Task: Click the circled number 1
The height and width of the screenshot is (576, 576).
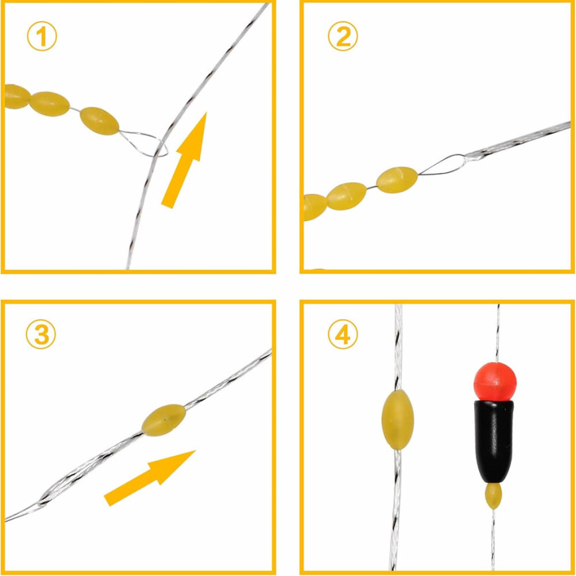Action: point(42,36)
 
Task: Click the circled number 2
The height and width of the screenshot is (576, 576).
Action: point(343,36)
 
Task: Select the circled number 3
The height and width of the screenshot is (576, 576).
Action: point(41,334)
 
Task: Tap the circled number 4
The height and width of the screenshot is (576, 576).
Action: point(343,334)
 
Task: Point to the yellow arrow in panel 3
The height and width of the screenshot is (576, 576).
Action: point(149,477)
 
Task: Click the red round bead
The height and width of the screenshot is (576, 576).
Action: point(495,381)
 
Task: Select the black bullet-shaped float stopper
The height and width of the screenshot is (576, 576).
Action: point(494,442)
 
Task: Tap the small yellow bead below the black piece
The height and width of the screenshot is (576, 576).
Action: point(493,496)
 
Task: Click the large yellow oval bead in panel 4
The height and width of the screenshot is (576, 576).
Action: point(398,420)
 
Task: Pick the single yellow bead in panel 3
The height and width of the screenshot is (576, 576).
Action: point(164,420)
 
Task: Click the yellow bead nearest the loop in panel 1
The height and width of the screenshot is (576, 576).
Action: point(99,121)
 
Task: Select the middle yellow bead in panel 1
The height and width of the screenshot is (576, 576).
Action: point(49,104)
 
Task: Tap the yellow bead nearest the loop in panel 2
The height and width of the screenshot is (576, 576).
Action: point(397,179)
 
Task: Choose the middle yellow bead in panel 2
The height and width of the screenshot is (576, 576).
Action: point(346,196)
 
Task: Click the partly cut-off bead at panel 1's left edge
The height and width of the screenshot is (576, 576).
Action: point(17,97)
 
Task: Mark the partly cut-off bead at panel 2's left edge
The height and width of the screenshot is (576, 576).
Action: point(315,207)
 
